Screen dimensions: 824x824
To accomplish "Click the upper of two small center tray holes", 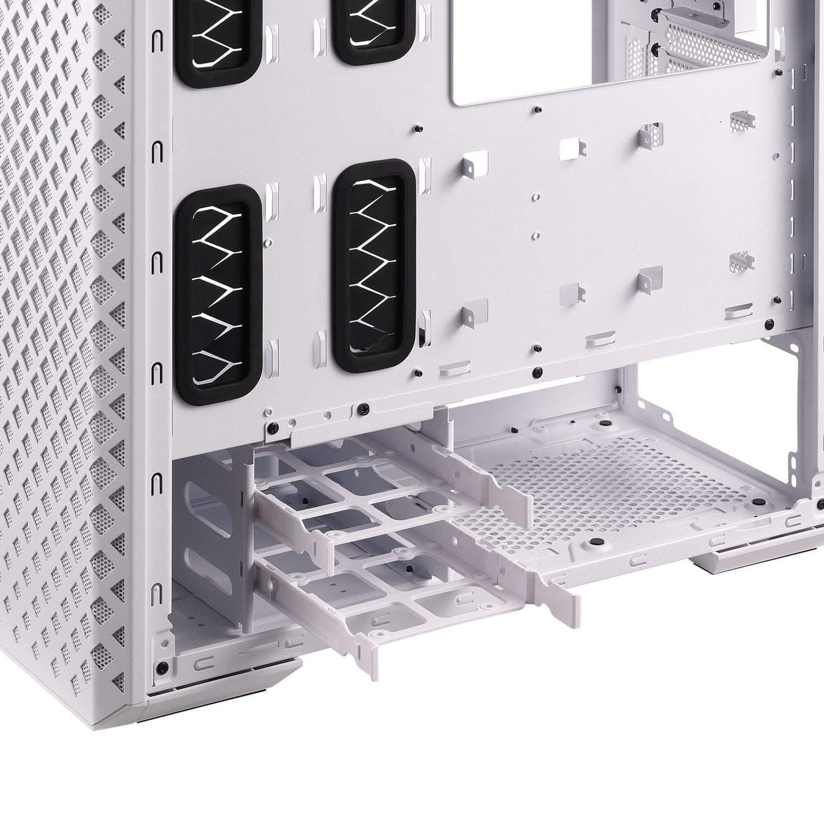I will click(536, 197).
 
